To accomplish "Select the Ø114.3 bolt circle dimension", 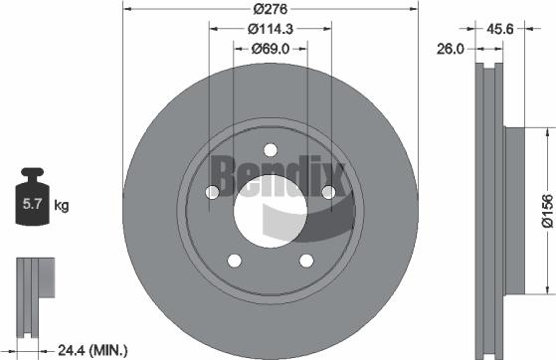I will [x=269, y=27].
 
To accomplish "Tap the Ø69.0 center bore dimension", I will [x=269, y=47].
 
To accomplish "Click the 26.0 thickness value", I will [x=451, y=47].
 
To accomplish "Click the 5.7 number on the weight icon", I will [x=30, y=207].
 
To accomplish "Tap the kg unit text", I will [x=61, y=206].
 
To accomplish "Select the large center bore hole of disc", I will [x=269, y=212].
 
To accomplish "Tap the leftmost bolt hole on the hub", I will [x=212, y=193].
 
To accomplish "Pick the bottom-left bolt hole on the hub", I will [x=234, y=261].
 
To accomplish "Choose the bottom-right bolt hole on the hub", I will [x=303, y=261].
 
